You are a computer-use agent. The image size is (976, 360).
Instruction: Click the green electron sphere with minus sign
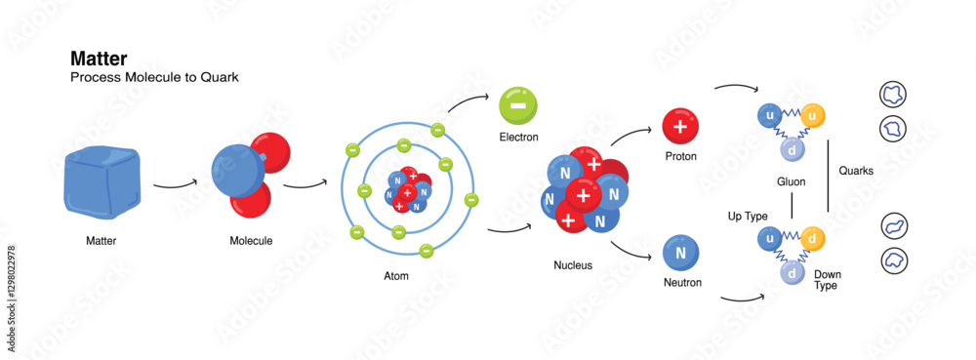[x=517, y=104]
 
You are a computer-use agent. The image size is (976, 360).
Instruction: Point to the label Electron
[x=518, y=138]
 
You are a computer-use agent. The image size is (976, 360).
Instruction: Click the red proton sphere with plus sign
[x=680, y=127]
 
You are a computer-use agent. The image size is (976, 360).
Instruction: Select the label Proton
[x=680, y=156]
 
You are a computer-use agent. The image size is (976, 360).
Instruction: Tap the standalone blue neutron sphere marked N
[x=680, y=253]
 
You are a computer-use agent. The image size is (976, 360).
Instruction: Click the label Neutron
[x=681, y=283]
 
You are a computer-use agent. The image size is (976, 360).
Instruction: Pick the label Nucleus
[x=572, y=264]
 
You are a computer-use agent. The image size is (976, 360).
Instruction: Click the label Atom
[x=396, y=276]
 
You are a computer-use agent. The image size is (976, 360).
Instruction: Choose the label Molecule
[x=251, y=240]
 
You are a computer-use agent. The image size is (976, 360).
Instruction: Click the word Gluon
[x=791, y=181]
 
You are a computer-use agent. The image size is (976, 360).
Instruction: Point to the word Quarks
[x=856, y=171]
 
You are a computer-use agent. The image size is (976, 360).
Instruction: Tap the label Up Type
[x=749, y=215]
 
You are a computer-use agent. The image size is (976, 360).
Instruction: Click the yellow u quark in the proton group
[x=814, y=116]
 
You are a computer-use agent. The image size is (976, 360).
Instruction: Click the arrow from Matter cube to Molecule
[x=176, y=182]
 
